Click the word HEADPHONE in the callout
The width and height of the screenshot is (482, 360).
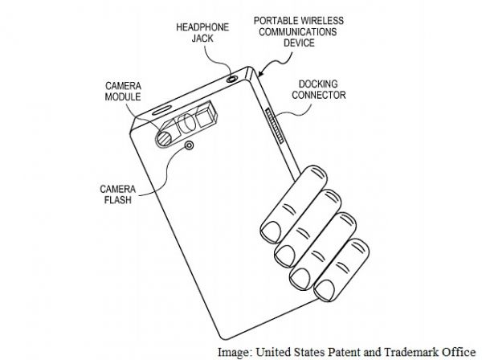tap(194, 27)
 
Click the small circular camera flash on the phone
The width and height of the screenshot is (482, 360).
tap(189, 146)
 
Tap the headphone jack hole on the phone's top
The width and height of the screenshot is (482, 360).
tap(234, 78)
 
